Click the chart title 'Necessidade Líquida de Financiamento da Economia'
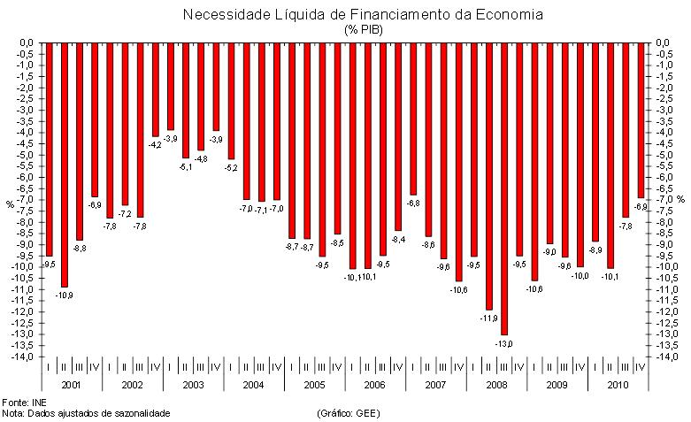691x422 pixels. (363, 15)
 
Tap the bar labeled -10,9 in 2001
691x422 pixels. (64, 165)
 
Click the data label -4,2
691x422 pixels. (156, 143)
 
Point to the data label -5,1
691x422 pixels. (186, 165)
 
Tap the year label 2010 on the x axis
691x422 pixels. (618, 386)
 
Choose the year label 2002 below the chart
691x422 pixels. (132, 386)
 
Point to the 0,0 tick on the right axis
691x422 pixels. (667, 42)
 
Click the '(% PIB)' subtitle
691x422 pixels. (363, 29)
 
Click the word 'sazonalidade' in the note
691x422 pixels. (141, 413)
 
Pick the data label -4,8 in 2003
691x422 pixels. (202, 159)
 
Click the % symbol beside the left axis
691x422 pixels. (10, 204)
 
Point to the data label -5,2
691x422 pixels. (232, 167)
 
